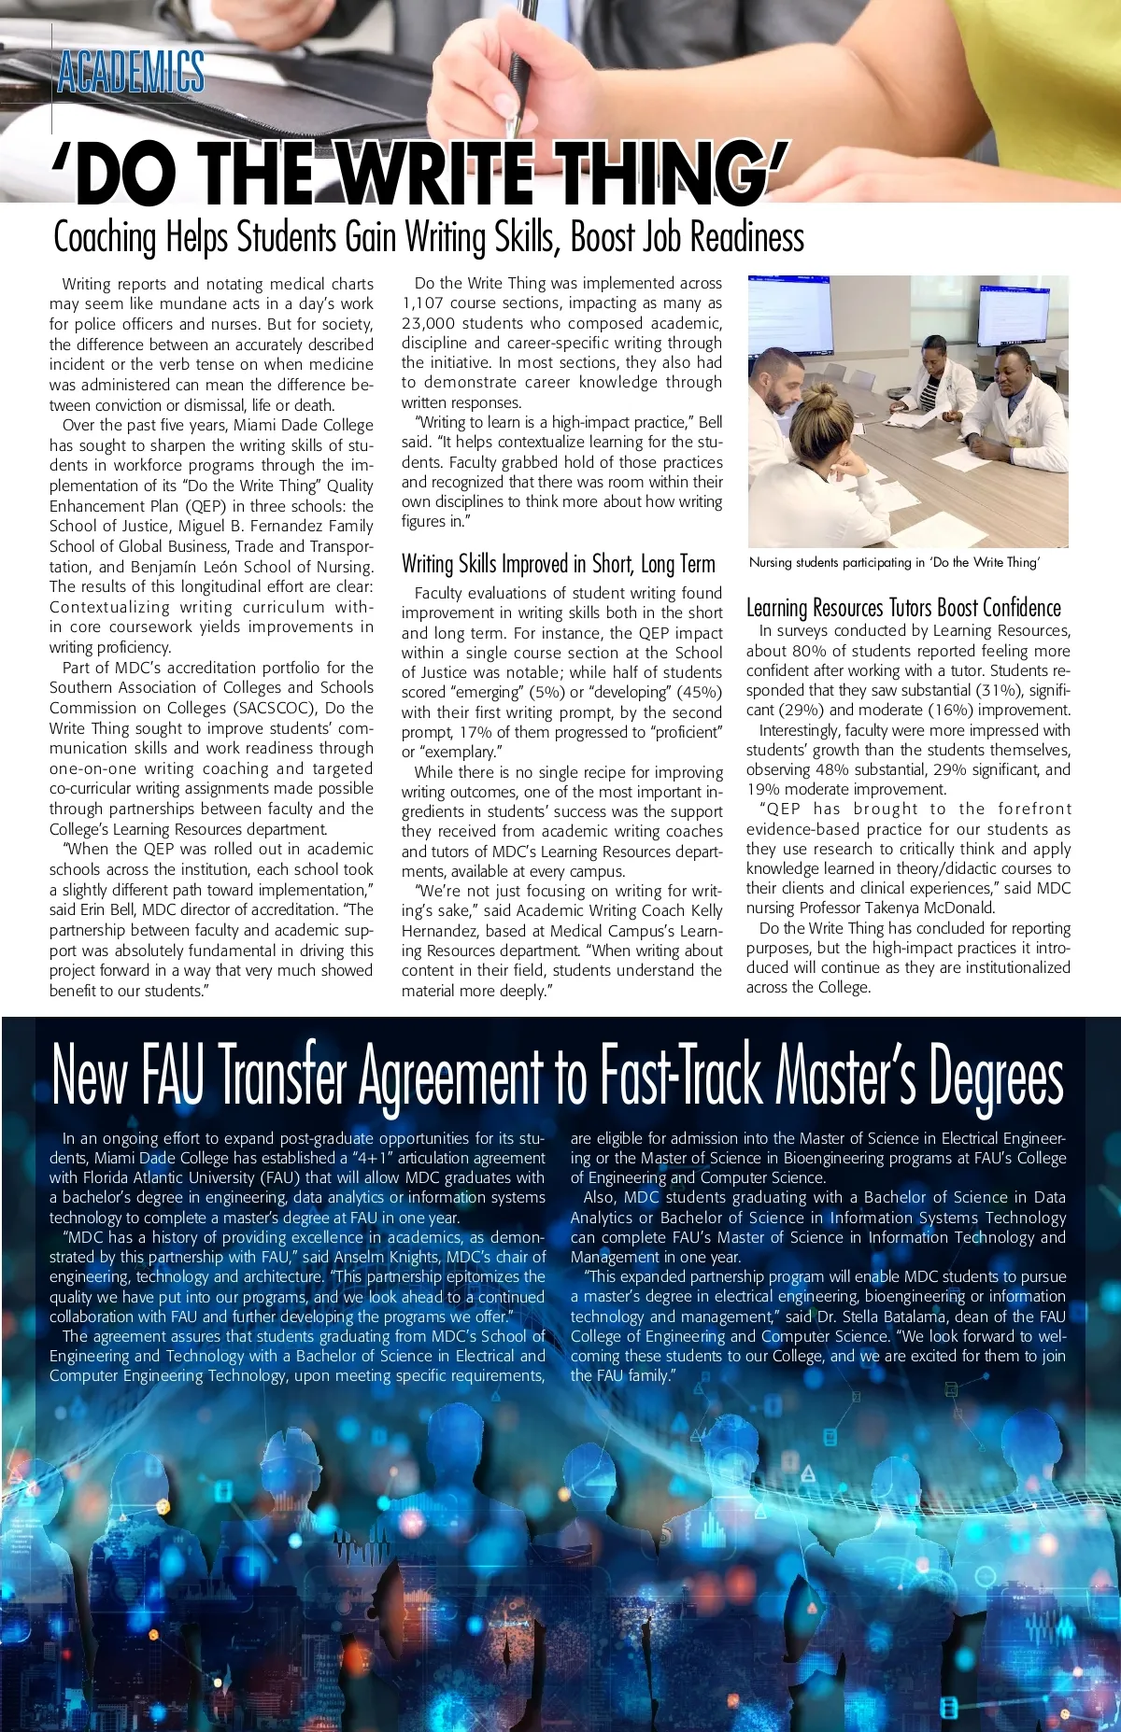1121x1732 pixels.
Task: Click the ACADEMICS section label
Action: (131, 73)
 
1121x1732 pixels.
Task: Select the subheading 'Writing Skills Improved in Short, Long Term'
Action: (558, 564)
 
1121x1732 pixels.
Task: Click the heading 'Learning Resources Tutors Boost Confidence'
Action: (903, 608)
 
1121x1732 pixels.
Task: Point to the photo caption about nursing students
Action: (894, 562)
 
